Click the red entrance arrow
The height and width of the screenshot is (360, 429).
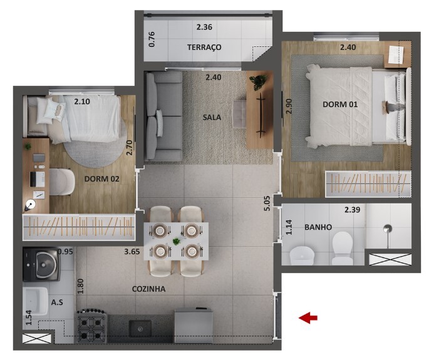click(x=308, y=317)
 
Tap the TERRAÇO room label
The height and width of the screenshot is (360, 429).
click(x=204, y=48)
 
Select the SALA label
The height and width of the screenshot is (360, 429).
click(x=212, y=117)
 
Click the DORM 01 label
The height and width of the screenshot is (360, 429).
click(x=340, y=104)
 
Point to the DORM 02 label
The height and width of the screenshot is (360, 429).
click(x=102, y=179)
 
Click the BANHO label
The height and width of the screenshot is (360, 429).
click(x=318, y=227)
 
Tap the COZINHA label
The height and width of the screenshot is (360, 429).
click(x=148, y=289)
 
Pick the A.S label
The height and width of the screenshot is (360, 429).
click(x=57, y=302)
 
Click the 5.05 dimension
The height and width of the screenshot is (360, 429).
click(x=267, y=203)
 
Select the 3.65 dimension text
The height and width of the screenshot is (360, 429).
click(x=132, y=252)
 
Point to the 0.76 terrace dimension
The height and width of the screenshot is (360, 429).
click(x=152, y=39)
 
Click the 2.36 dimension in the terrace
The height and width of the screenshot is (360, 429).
click(x=204, y=27)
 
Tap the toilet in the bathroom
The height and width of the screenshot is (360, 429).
click(x=343, y=247)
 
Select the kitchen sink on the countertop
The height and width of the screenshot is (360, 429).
click(x=140, y=328)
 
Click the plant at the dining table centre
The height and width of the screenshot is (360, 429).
click(x=177, y=241)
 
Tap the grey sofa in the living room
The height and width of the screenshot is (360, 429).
click(x=163, y=116)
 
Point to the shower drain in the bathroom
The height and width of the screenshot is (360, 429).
click(x=388, y=229)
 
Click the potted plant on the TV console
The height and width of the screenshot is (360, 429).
click(x=258, y=81)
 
